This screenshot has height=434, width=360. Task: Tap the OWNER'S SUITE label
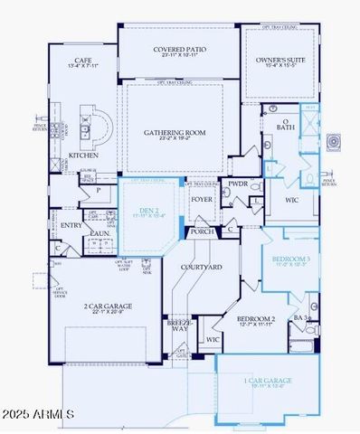[x=281, y=56]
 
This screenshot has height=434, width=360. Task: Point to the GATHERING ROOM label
[x=175, y=132]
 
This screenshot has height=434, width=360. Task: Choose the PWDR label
[x=238, y=184]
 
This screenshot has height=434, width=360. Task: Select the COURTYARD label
[x=203, y=268]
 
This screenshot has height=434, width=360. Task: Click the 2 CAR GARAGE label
[x=109, y=307]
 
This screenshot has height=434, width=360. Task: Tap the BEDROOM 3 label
[x=291, y=259]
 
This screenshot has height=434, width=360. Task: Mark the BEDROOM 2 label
[x=255, y=319]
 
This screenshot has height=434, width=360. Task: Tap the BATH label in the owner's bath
[x=285, y=127]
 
